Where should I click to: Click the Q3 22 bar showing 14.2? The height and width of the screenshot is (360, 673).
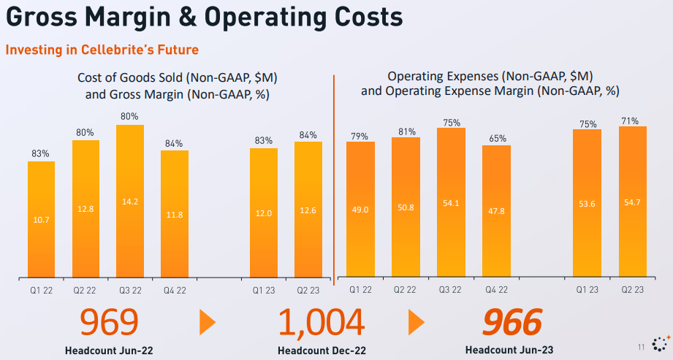point(130,201)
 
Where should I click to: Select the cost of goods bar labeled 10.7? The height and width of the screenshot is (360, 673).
point(41,219)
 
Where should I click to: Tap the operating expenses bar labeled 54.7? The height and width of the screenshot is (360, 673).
point(632,202)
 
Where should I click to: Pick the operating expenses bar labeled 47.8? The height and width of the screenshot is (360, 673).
point(496,211)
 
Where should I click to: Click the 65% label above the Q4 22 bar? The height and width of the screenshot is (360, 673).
point(496,138)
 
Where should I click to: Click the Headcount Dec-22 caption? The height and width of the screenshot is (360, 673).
point(321,351)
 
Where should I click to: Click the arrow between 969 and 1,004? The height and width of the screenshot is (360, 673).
point(208,322)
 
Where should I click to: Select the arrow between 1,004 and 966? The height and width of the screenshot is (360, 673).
point(416,322)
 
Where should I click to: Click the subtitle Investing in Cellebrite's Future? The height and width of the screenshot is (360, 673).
point(102,50)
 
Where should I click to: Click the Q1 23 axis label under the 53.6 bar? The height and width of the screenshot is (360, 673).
point(586,289)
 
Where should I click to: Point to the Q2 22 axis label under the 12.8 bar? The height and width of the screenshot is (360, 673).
point(85,289)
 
